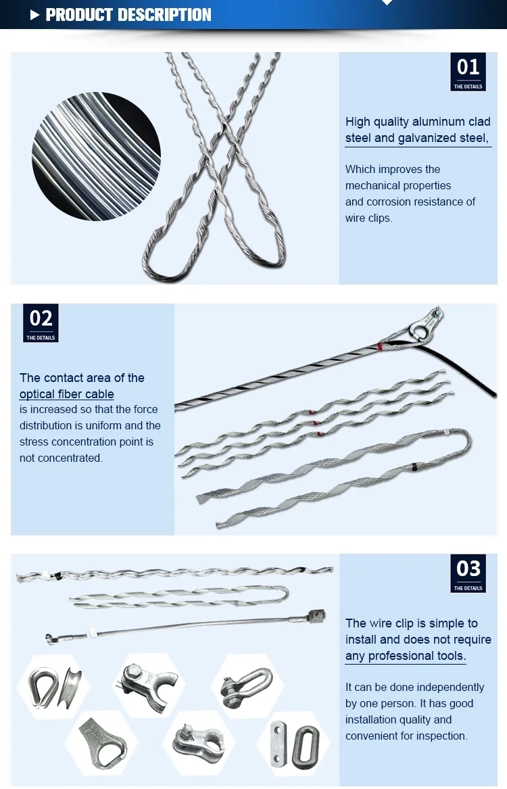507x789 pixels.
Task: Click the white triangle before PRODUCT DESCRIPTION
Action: (35, 16)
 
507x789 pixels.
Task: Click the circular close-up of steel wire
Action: (96, 156)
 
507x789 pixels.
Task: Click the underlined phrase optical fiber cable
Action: (67, 394)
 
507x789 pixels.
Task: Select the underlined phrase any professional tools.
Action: (406, 656)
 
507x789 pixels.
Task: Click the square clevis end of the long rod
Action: (314, 617)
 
